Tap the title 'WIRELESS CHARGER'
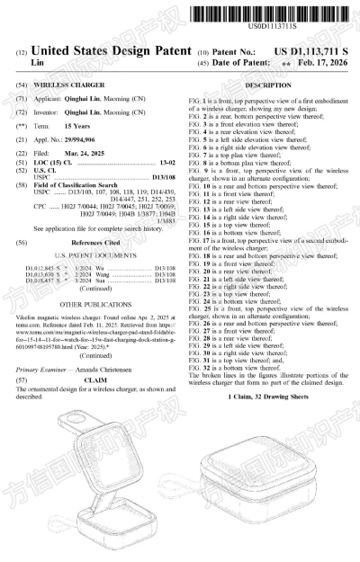pyautogui.click(x=64, y=82)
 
